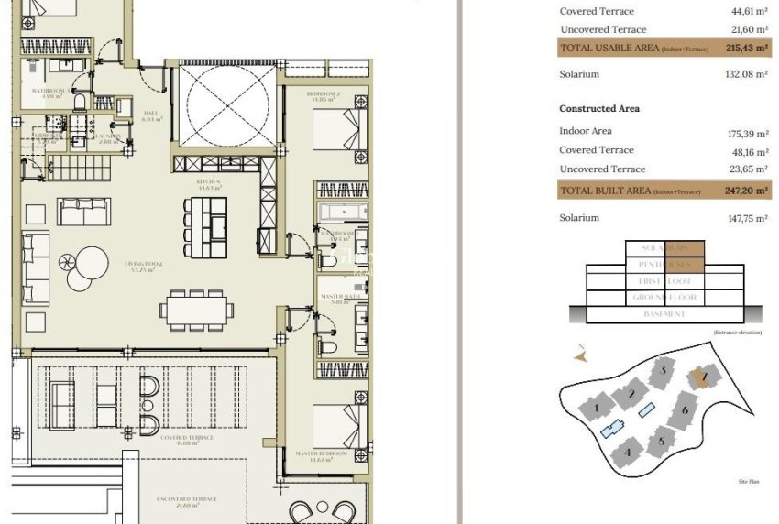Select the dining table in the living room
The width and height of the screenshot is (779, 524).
click(193, 310)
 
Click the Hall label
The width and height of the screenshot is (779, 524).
click(152, 115)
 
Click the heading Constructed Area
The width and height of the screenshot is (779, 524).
click(599, 109)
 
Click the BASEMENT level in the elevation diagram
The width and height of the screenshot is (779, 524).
click(664, 314)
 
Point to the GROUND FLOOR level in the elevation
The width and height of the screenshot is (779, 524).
click(664, 298)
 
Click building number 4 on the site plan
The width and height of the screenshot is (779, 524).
click(628, 452)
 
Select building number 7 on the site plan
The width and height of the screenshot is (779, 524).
click(704, 376)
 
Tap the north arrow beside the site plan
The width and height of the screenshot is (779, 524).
click(578, 352)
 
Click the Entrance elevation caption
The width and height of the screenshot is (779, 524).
click(736, 332)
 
